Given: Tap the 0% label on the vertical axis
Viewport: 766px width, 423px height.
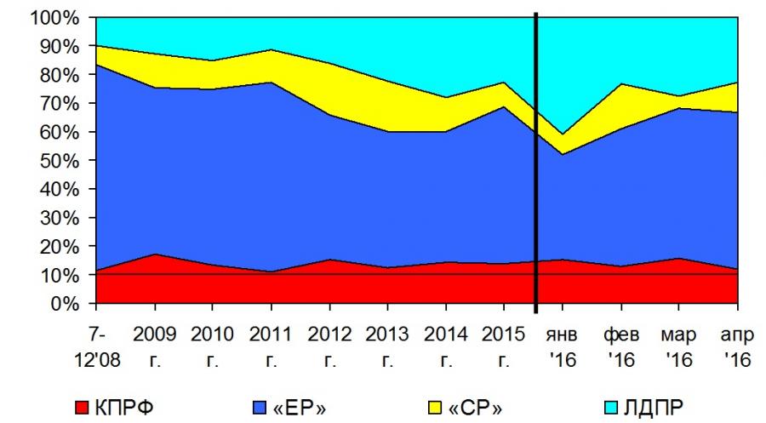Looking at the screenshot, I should (65, 304).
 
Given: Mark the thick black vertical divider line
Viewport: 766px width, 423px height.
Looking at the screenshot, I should (536, 162).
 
